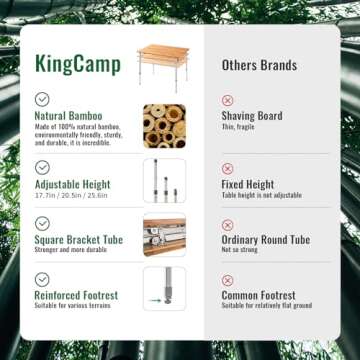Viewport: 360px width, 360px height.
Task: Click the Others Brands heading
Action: click(x=259, y=65)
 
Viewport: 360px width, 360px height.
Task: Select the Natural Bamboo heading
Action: click(x=68, y=116)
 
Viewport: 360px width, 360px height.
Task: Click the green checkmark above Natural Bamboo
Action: click(x=42, y=99)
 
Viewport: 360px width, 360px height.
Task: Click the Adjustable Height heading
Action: click(x=73, y=185)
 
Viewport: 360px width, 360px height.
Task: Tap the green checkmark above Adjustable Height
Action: click(x=42, y=167)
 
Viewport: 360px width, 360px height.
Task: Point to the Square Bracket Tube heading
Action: click(x=79, y=240)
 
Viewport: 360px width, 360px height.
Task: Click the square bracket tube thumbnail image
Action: click(x=164, y=236)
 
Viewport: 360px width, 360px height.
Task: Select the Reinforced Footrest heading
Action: click(x=76, y=296)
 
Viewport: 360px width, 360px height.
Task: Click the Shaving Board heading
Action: click(x=252, y=116)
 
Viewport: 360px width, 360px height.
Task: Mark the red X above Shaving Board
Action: click(x=227, y=100)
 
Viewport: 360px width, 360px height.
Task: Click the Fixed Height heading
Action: click(x=248, y=185)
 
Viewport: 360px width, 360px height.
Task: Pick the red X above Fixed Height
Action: click(x=227, y=169)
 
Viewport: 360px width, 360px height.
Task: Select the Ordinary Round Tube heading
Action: click(x=266, y=240)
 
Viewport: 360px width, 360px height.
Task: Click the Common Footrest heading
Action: click(x=259, y=296)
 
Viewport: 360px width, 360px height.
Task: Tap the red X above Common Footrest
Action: click(x=227, y=280)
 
